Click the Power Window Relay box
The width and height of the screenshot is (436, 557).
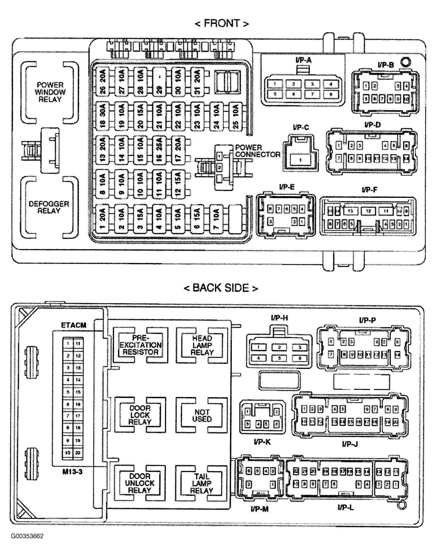coord(50,92)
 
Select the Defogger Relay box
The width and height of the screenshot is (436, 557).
coord(49,207)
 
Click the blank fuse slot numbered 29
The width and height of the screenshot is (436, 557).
coord(159,82)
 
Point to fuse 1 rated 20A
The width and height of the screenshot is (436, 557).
coord(102,219)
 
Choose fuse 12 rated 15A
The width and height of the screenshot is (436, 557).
coord(178,184)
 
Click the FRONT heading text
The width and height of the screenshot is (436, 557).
coord(222,24)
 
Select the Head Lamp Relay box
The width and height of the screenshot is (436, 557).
coord(202,345)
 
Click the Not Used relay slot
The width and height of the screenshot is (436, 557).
coord(202,415)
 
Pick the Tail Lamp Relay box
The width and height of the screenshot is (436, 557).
coord(201,484)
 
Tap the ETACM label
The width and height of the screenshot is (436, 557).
coord(74,325)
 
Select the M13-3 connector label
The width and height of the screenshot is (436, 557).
coord(72,472)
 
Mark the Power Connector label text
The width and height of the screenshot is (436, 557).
coord(257,151)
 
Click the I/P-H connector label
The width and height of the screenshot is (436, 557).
coord(279,318)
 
